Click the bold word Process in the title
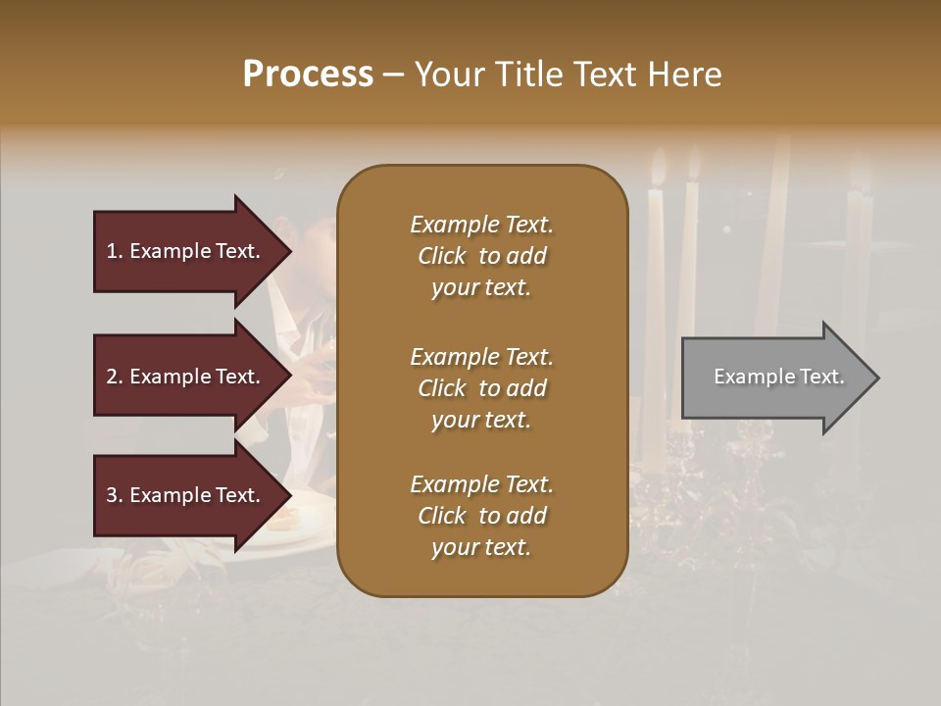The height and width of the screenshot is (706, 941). [308, 75]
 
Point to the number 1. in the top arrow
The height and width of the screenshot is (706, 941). [115, 251]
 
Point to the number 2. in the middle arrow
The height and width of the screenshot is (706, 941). [115, 377]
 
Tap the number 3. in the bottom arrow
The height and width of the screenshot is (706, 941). [115, 495]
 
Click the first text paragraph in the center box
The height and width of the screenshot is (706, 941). [481, 256]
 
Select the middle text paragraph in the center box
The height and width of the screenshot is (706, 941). [481, 388]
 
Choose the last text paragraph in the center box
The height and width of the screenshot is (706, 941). [481, 516]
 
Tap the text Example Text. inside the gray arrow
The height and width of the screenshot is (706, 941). [778, 377]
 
